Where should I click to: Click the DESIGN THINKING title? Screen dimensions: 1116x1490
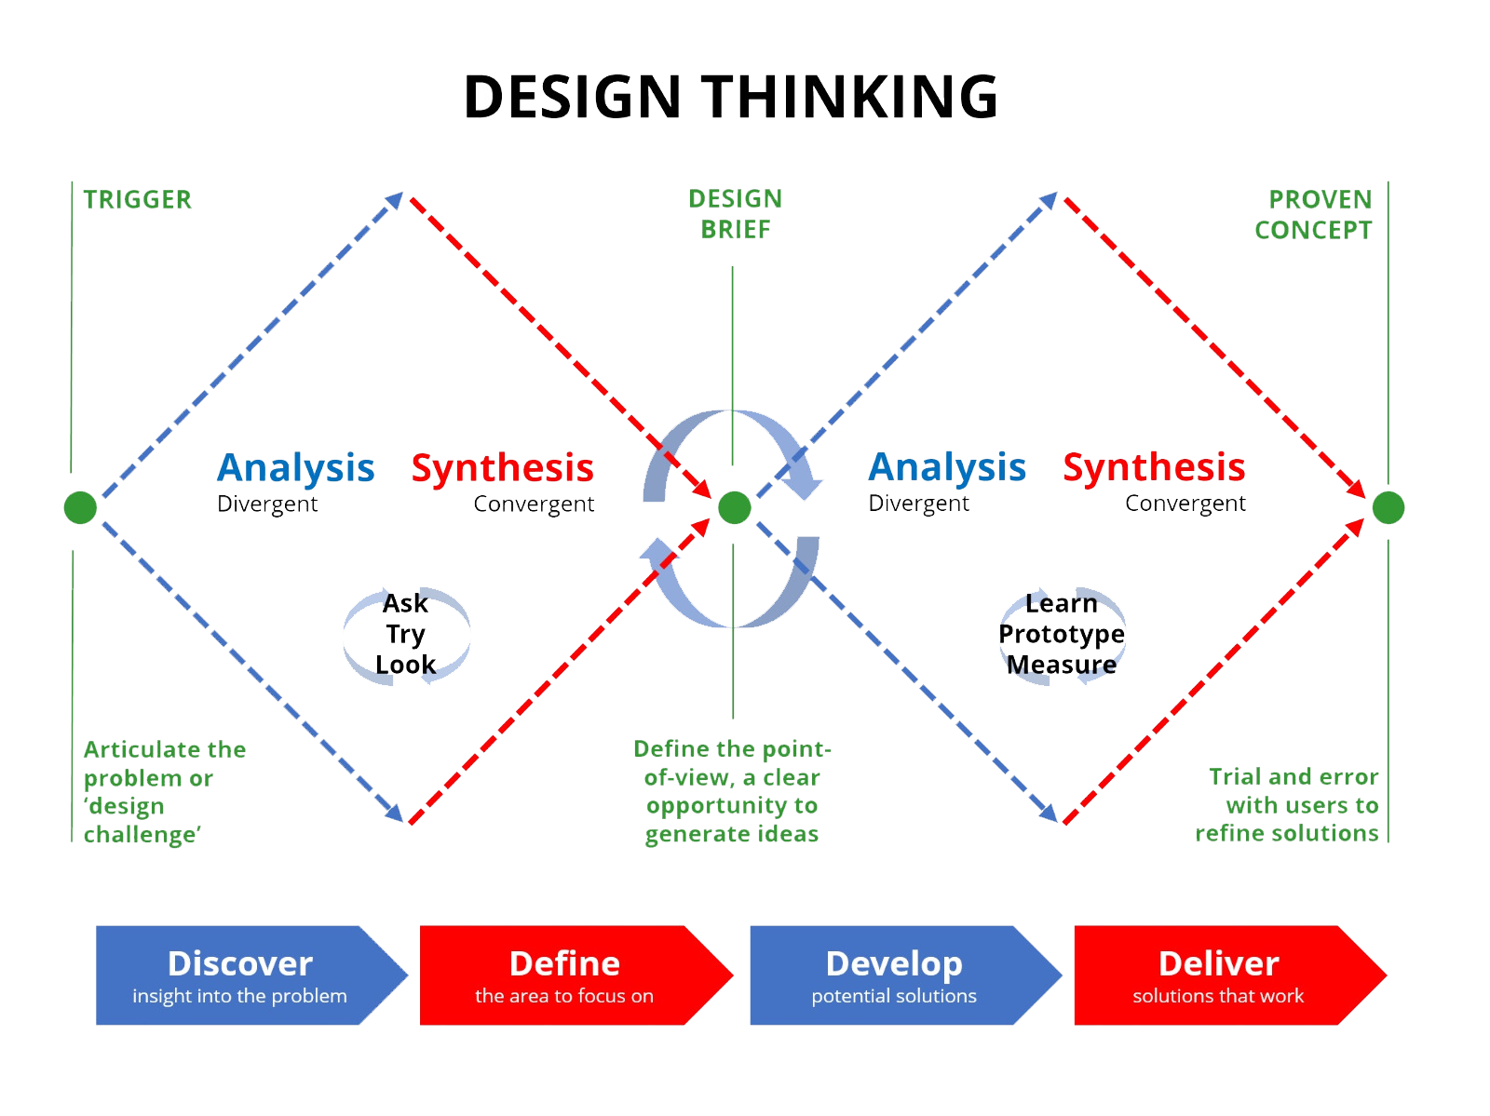(731, 98)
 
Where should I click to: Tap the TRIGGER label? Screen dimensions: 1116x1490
(137, 199)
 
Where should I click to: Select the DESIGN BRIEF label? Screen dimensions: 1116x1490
(736, 213)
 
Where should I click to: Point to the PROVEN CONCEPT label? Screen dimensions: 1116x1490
(1313, 214)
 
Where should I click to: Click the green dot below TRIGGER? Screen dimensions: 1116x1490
(81, 508)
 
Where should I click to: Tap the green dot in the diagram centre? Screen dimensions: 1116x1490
(735, 508)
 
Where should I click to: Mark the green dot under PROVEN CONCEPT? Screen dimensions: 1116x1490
(1388, 508)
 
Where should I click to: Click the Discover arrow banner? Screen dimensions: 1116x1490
(240, 975)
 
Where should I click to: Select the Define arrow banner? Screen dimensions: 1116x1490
(564, 975)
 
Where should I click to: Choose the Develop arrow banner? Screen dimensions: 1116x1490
(894, 975)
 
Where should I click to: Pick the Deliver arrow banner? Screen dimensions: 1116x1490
(1218, 975)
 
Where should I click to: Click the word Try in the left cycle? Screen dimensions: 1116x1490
(406, 634)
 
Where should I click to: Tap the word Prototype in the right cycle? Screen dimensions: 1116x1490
(1062, 634)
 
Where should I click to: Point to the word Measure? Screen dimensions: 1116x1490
(1062, 665)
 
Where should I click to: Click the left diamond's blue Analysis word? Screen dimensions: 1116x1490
(296, 468)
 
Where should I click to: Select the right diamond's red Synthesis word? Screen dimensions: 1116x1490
(1154, 467)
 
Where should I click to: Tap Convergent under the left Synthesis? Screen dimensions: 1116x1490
(534, 504)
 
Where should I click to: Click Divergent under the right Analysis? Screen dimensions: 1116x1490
(919, 504)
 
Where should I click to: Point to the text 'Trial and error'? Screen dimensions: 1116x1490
(1293, 776)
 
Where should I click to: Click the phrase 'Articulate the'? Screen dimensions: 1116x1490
(165, 749)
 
